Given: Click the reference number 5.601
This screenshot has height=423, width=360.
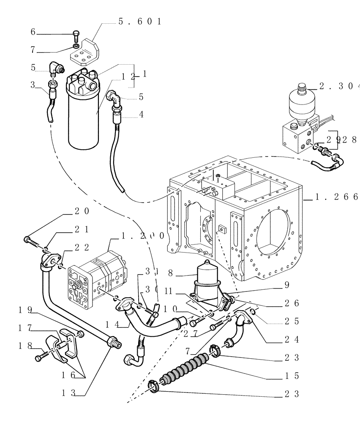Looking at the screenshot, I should pyautogui.click(x=139, y=22).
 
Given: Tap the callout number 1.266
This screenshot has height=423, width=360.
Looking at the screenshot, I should pyautogui.click(x=338, y=197).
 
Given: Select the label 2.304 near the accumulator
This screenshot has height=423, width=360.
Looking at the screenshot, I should pyautogui.click(x=338, y=87).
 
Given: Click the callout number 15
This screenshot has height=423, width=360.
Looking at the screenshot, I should pyautogui.click(x=292, y=376).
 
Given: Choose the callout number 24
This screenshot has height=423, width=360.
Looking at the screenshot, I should pyautogui.click(x=292, y=339).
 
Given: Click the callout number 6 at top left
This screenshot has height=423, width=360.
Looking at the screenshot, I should pyautogui.click(x=33, y=32).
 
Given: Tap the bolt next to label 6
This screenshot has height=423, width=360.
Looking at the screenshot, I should pyautogui.click(x=76, y=34).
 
